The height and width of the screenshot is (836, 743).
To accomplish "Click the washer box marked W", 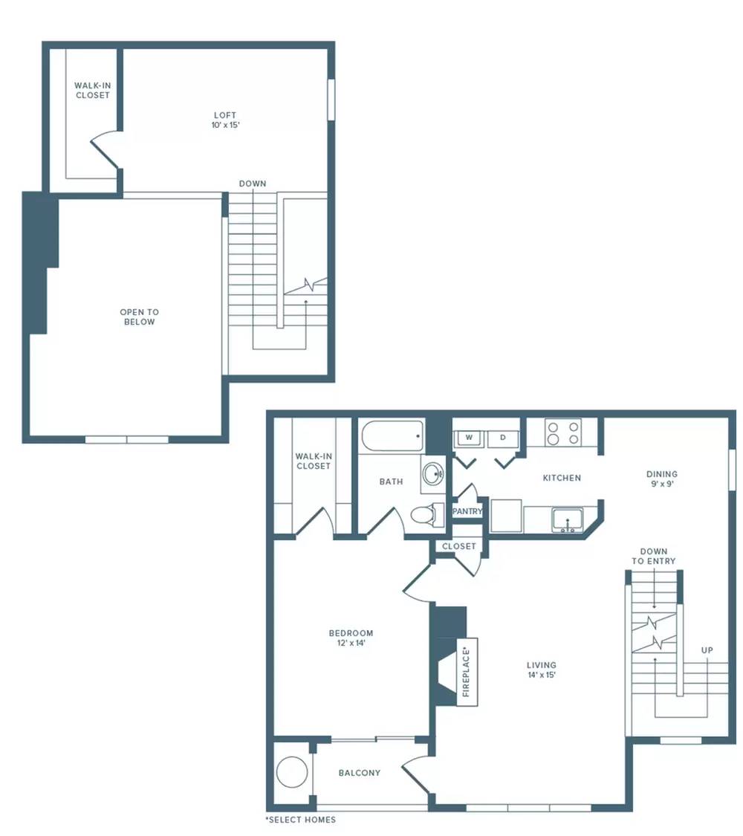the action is (x=469, y=438).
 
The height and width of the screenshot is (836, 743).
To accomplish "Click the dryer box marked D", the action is (x=502, y=438).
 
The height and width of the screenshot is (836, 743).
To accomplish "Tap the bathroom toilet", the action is (x=427, y=515).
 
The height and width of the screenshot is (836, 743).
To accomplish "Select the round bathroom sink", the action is (x=432, y=473).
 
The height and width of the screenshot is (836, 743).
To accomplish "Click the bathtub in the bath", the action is (x=393, y=436).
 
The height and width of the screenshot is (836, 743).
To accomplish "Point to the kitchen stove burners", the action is (x=563, y=433).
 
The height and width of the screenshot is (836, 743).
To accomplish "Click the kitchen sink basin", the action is (x=568, y=520).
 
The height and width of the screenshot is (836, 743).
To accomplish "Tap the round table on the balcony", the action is (x=292, y=772).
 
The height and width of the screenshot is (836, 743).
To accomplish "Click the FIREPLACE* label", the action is (x=467, y=672).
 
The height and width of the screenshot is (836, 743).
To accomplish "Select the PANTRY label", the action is (x=467, y=511).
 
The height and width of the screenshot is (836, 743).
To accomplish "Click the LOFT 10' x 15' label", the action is (x=225, y=120).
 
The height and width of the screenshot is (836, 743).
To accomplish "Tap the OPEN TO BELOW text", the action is (x=140, y=317).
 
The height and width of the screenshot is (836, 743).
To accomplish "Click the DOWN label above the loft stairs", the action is (x=253, y=184).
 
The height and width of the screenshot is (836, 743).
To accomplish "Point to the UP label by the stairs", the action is (x=707, y=650).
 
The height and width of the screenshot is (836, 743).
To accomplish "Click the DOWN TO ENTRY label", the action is (x=654, y=556).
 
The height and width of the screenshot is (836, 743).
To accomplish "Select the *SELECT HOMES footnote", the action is (x=301, y=820).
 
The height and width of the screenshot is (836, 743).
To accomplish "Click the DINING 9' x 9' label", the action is (x=662, y=479).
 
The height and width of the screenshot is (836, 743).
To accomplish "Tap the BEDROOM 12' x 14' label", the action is (x=351, y=638).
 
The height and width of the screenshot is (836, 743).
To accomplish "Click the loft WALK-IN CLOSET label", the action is (x=93, y=90).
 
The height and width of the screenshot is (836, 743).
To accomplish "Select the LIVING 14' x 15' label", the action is (x=542, y=670).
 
